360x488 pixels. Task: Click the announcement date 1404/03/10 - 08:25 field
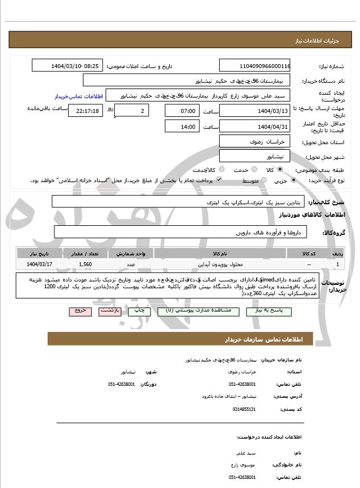coord(68,66)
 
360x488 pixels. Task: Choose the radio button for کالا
coord(281,170)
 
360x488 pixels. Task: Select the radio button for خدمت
coord(253,170)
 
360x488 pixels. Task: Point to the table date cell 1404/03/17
coord(40,264)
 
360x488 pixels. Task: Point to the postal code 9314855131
coord(245,409)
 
